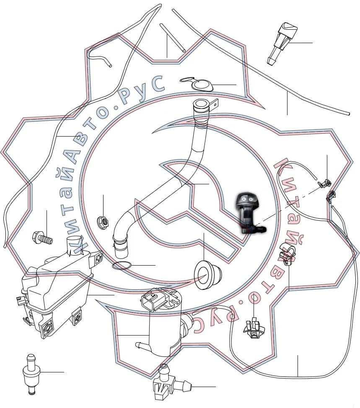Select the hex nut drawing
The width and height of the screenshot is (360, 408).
point(103,222)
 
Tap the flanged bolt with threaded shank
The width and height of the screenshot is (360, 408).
point(42,238)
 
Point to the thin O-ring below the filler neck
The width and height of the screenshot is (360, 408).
point(122,266)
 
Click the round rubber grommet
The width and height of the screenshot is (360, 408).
point(207,274)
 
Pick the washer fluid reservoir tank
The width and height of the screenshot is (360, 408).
point(57,286)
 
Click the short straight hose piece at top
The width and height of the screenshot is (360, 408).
point(173,38)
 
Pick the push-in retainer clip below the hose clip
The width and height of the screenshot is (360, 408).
point(254,328)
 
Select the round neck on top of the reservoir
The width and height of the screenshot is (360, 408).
point(74,244)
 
